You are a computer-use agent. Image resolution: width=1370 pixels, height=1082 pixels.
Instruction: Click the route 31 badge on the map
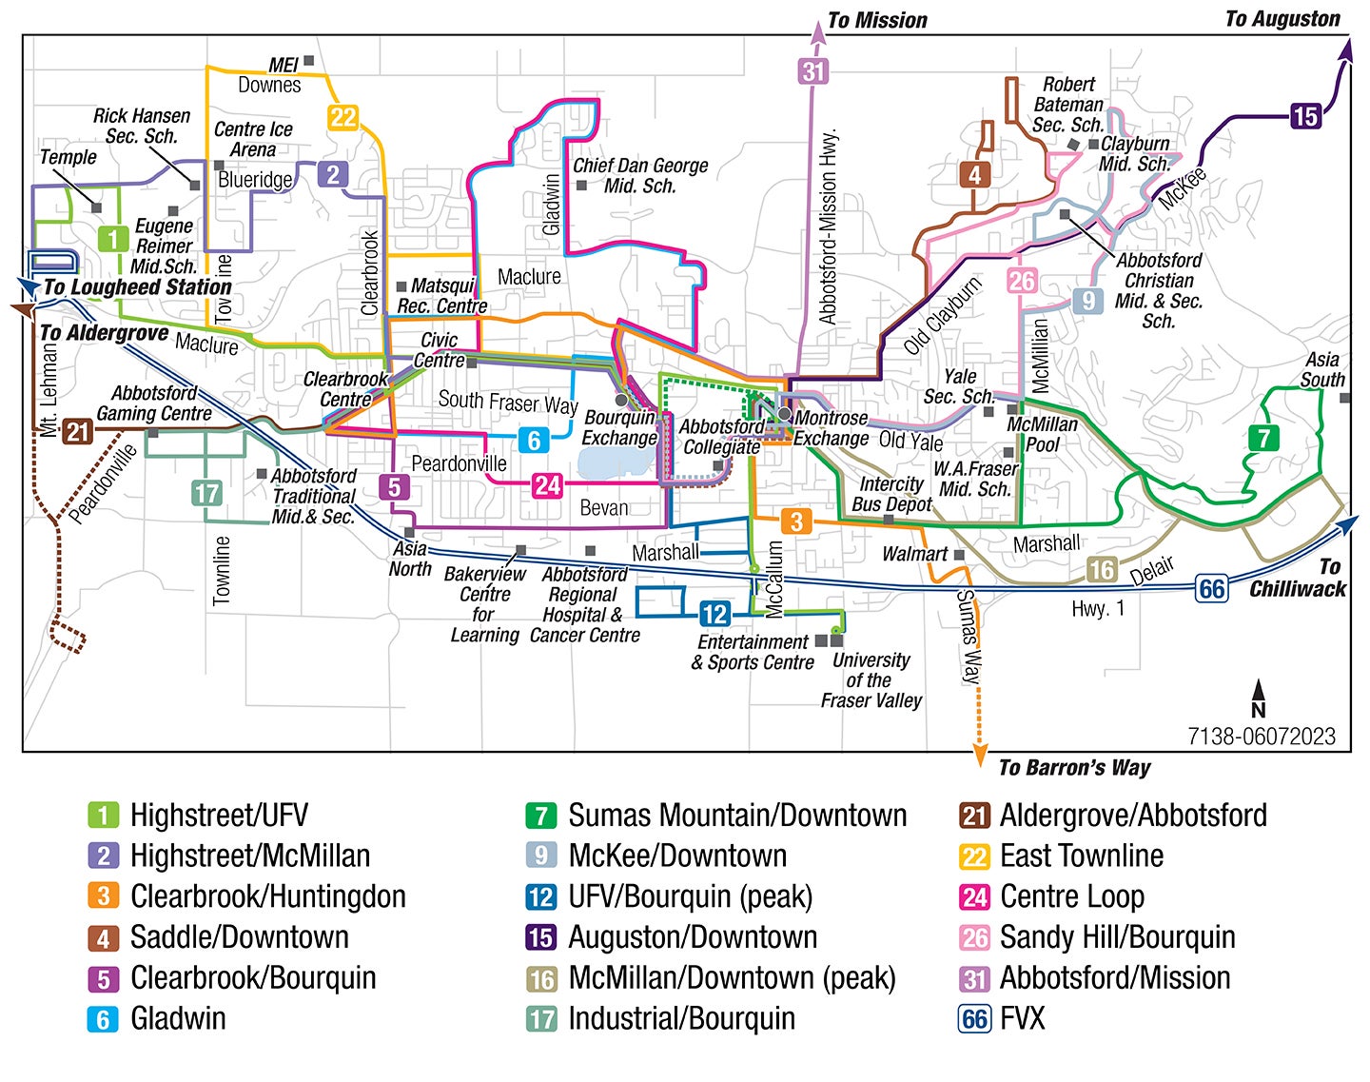pyautogui.click(x=813, y=70)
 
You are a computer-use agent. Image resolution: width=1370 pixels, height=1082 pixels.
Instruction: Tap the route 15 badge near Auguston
pyautogui.click(x=1305, y=116)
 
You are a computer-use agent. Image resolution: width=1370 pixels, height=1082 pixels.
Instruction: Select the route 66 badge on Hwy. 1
pyautogui.click(x=1211, y=589)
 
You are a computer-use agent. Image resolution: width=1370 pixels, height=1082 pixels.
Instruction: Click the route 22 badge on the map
pyautogui.click(x=342, y=117)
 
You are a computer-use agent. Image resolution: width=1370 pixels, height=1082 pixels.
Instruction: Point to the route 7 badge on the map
pyautogui.click(x=1263, y=438)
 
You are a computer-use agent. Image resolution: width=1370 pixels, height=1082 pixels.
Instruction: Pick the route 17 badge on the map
pyautogui.click(x=206, y=493)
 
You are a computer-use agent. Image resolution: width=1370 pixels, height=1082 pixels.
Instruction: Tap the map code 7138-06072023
pyautogui.click(x=1261, y=737)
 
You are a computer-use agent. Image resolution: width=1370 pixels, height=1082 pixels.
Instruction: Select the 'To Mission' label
pyautogui.click(x=876, y=20)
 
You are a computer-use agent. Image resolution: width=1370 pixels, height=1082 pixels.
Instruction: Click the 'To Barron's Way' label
pyautogui.click(x=1074, y=767)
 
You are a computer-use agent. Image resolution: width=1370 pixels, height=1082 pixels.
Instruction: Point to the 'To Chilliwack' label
pyautogui.click(x=1298, y=579)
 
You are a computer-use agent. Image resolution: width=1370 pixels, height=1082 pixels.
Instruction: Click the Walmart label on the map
pyautogui.click(x=914, y=554)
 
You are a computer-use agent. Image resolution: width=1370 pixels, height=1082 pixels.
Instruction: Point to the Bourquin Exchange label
pyautogui.click(x=619, y=427)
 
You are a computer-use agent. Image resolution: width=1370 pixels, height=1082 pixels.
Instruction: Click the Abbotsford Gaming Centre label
pyautogui.click(x=154, y=403)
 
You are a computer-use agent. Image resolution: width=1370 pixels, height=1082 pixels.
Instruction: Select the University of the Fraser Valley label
pyautogui.click(x=871, y=679)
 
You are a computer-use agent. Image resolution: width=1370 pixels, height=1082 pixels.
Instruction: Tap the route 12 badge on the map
pyautogui.click(x=714, y=614)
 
